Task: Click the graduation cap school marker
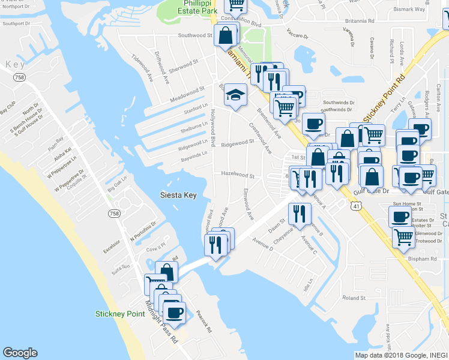click(x=236, y=95)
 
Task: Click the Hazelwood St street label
click(x=238, y=176)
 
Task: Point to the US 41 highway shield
click(x=357, y=206)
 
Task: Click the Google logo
click(x=20, y=353)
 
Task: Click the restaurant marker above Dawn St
click(x=299, y=214)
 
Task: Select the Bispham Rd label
click(x=424, y=259)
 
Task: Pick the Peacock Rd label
click(x=205, y=322)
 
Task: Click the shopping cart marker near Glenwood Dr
click(x=403, y=237)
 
